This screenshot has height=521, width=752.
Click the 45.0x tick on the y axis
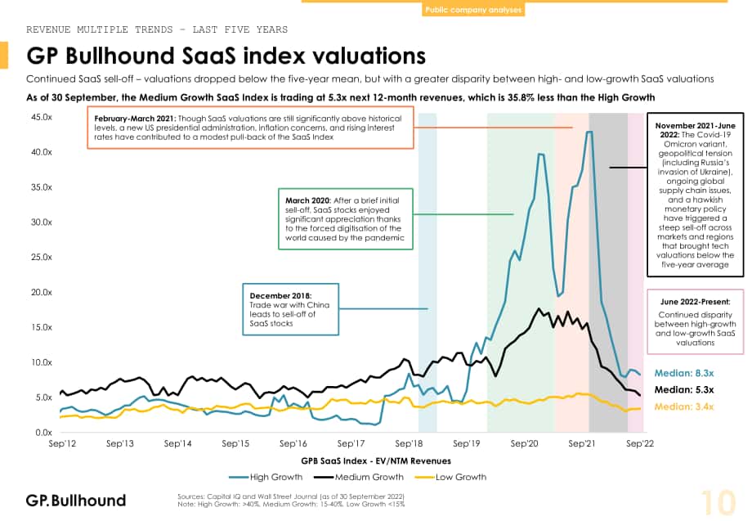(x=42, y=117)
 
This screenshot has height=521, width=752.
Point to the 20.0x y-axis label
(x=42, y=292)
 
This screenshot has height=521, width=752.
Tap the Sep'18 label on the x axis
(x=409, y=444)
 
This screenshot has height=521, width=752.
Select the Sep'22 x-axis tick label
(x=640, y=444)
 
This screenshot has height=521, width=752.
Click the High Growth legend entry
(x=266, y=477)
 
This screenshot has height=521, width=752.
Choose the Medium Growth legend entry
(x=359, y=477)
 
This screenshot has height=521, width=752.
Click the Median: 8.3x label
(x=684, y=373)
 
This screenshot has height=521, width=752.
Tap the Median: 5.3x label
(x=684, y=389)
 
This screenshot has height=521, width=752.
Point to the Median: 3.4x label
(x=684, y=406)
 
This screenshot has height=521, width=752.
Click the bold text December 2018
(x=280, y=295)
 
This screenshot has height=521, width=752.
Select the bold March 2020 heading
(x=308, y=200)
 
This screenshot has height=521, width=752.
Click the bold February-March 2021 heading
(x=135, y=119)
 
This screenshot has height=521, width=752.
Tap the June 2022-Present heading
(x=695, y=302)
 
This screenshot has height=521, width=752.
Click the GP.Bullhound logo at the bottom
(x=76, y=501)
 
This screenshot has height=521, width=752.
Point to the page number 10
(x=718, y=502)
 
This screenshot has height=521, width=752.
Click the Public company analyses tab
(x=473, y=10)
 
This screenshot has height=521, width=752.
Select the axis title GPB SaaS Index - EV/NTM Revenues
(x=376, y=461)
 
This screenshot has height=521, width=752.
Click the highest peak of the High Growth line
(x=589, y=132)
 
